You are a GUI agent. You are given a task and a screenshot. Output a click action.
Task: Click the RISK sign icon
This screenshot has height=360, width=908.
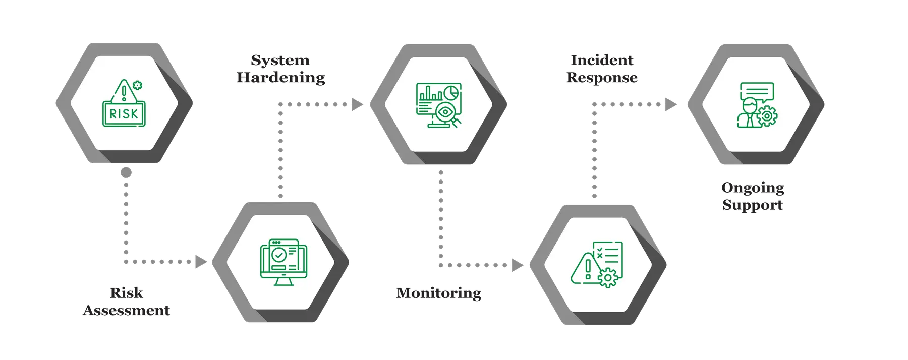pos(124,104)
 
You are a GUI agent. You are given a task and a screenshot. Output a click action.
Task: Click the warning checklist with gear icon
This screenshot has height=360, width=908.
pos(598,264)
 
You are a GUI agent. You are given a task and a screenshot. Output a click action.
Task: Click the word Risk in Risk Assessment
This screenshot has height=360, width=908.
pos(127,293)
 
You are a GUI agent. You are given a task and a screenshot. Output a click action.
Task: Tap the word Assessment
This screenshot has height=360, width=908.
pos(127,310)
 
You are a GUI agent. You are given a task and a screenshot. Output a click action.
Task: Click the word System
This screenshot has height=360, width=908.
pos(280,61)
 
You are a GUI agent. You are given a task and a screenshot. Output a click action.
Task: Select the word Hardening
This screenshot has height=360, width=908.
pos(281,78)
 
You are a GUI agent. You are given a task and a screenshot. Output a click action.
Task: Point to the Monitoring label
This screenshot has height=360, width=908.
pos(438,293)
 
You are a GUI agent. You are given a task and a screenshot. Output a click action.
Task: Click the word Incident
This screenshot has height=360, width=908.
pos(602,61)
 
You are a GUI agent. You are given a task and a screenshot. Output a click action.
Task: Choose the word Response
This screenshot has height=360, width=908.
pos(602,78)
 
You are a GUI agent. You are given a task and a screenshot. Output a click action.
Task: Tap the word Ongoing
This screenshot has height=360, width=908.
pos(753,188)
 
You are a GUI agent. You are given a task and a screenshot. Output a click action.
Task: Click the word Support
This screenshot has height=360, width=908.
pos(753,205)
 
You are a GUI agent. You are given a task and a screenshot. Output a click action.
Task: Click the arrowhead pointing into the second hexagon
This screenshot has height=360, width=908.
pos(201,262)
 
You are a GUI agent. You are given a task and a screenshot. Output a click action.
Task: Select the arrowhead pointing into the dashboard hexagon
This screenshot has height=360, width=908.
pos(357,105)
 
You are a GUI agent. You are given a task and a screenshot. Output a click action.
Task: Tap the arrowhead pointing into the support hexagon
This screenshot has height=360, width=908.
pos(671,104)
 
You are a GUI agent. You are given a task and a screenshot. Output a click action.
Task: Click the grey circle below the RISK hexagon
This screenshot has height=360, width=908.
pos(126,173)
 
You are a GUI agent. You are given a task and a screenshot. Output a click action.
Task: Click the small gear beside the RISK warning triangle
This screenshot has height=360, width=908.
pos(137,85)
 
